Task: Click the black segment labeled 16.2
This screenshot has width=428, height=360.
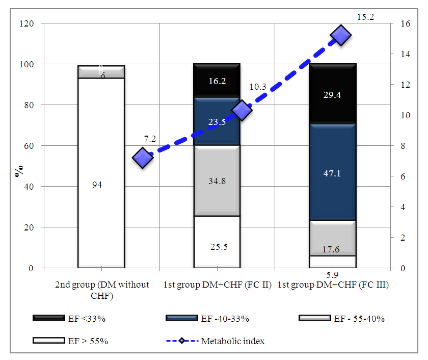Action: coord(217,81)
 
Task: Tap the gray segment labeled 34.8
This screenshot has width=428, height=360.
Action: coord(217,181)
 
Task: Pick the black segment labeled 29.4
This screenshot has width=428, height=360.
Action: coord(333,94)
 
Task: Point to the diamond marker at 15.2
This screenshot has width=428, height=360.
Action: coord(340,36)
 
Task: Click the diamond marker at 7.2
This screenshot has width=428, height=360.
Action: coord(143,158)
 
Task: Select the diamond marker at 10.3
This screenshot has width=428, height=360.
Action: coord(242,110)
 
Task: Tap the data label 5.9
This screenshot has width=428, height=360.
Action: coord(333,274)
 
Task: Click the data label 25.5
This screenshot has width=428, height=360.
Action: coord(219,247)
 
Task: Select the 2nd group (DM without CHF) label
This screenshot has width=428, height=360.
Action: coord(102,289)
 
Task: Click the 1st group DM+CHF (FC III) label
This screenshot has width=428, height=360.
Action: coord(333,285)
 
